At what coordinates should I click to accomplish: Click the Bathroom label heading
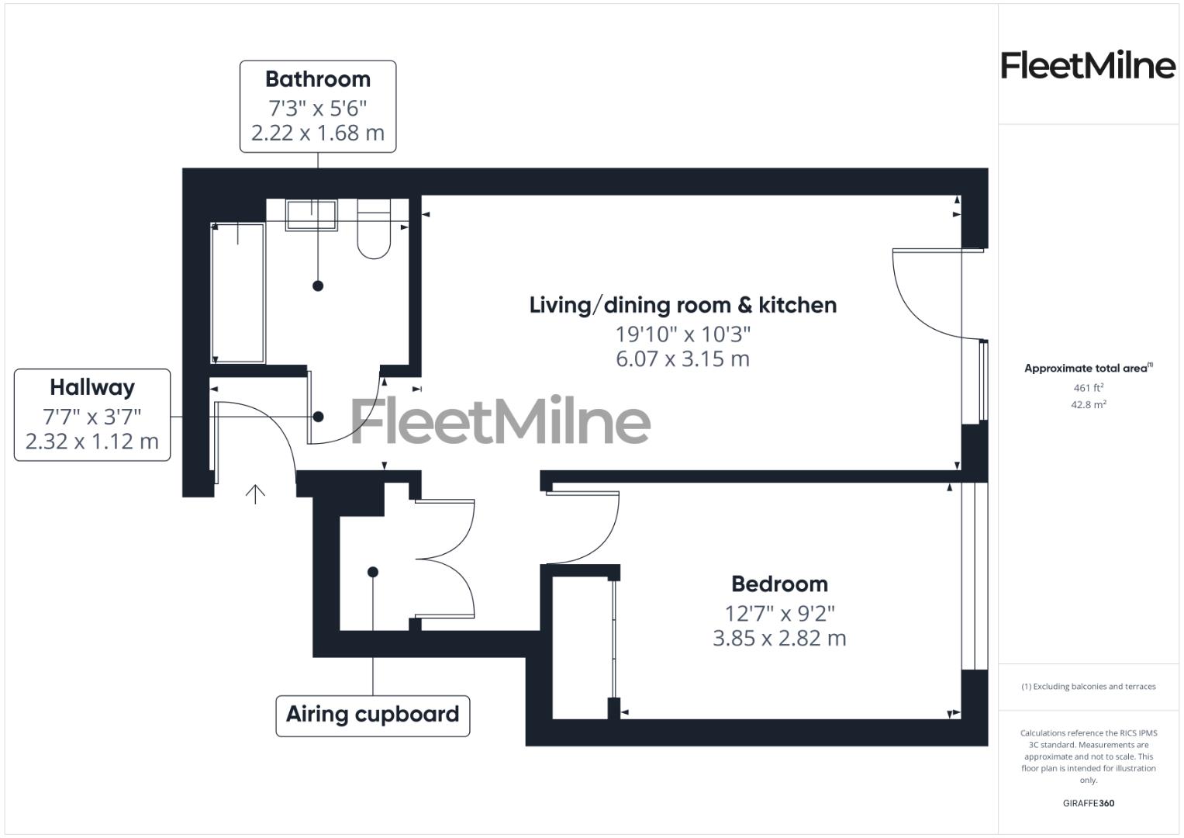coord(318,79)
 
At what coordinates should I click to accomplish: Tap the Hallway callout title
coord(92,387)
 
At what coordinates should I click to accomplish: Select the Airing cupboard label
coord(373,715)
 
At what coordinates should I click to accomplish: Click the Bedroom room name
coord(779,583)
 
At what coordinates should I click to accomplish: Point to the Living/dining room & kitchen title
coord(683,305)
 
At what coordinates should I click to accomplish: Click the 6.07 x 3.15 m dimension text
coord(683,359)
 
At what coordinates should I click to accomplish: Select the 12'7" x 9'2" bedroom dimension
coord(779,613)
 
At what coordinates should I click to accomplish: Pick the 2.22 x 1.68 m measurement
coord(318,133)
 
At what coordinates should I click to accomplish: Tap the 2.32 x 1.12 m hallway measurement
coord(92,442)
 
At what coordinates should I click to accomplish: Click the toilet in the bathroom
coord(374,230)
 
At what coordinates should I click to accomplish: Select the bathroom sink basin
coord(312,215)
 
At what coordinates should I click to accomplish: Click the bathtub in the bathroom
coord(239,293)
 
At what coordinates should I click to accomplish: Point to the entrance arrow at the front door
coord(255,494)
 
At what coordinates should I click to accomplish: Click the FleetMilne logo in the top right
coord(1088,65)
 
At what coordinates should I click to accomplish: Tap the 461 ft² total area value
coord(1088,387)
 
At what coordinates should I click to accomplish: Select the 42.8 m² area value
coord(1088,404)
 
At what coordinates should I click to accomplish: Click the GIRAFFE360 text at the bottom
coord(1088,803)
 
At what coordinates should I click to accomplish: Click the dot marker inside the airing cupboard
coord(373,572)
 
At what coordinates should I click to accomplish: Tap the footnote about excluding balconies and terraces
coord(1088,687)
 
